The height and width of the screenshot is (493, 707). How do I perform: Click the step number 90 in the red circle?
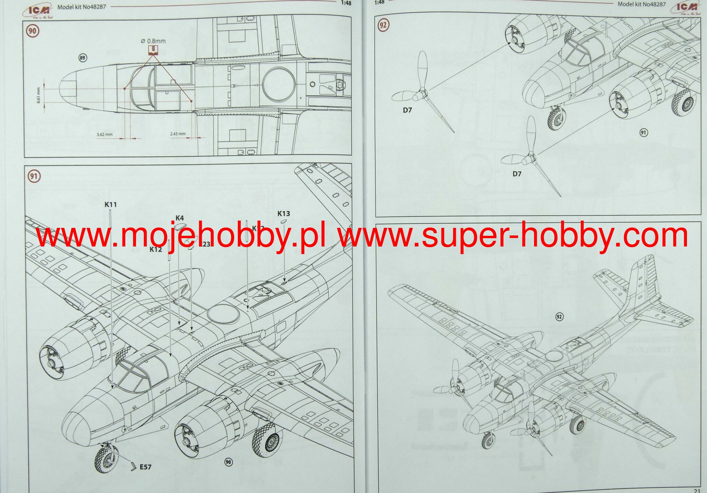[x=32, y=31]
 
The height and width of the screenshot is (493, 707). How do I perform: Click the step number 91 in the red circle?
[x=33, y=176]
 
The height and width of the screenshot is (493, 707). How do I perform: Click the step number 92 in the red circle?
[x=383, y=25]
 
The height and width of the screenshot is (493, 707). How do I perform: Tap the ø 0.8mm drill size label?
[x=153, y=41]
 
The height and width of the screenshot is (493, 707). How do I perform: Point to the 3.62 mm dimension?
[x=104, y=134]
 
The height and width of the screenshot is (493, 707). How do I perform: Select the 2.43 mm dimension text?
[x=178, y=134]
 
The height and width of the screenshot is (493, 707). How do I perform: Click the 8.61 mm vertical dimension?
[x=38, y=95]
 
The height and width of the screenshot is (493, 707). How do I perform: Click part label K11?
[x=111, y=204]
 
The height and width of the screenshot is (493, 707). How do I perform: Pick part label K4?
[x=180, y=218]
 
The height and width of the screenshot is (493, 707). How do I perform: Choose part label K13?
[x=284, y=213]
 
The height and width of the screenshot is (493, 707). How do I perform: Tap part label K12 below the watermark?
[x=156, y=249]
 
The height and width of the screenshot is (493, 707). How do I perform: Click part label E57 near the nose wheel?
[x=145, y=467]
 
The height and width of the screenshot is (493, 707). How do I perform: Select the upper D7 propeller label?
[x=407, y=110]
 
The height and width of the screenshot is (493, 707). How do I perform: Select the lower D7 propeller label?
[x=517, y=174]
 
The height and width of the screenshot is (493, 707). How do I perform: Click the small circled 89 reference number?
[x=83, y=58]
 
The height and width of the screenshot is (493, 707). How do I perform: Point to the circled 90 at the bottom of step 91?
[x=228, y=462]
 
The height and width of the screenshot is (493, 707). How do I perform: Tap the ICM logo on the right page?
[x=686, y=8]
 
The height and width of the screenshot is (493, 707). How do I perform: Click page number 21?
[x=697, y=490]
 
